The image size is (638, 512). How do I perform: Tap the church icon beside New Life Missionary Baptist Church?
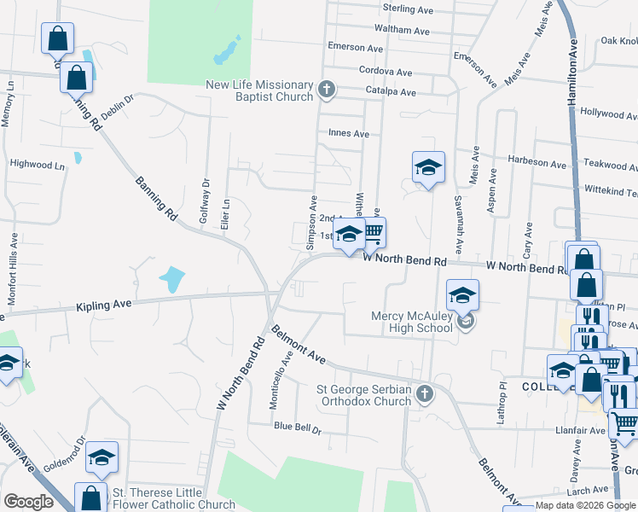(326, 89)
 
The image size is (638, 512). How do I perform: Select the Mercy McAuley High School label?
(412, 322)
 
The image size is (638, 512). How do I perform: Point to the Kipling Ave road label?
(103, 305)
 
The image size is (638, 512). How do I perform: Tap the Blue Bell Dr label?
(297, 430)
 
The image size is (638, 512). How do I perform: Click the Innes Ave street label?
(349, 133)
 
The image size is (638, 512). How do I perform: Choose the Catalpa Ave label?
(391, 92)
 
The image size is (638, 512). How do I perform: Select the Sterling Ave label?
(409, 9)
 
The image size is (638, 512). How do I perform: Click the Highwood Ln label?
(38, 163)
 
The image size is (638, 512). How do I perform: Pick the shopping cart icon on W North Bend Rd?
(372, 231)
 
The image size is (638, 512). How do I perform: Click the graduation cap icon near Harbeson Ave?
(428, 166)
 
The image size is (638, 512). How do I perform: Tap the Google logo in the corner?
(29, 502)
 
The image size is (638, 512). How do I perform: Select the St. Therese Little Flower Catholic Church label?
(174, 498)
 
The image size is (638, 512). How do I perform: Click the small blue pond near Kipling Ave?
(171, 279)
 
